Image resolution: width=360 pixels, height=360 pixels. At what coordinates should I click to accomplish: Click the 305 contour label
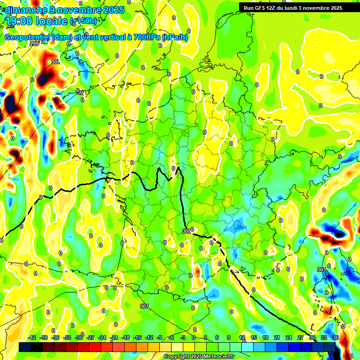tap(186, 231)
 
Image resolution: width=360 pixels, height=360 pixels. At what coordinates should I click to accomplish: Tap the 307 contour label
tap(144, 306)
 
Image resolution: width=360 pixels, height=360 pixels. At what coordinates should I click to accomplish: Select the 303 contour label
tap(321, 270)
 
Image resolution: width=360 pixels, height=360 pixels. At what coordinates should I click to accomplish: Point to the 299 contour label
tap(34, 44)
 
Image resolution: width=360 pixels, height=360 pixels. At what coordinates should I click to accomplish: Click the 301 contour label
tap(55, 62)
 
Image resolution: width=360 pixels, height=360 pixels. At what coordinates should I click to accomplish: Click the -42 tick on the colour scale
tap(32, 337)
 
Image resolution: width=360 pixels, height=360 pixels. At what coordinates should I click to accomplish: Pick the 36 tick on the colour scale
tap(336, 337)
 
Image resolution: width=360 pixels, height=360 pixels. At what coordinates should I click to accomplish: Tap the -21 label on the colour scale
tap(114, 337)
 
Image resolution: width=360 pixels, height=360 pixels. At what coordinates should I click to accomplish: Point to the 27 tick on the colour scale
tap(300, 337)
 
